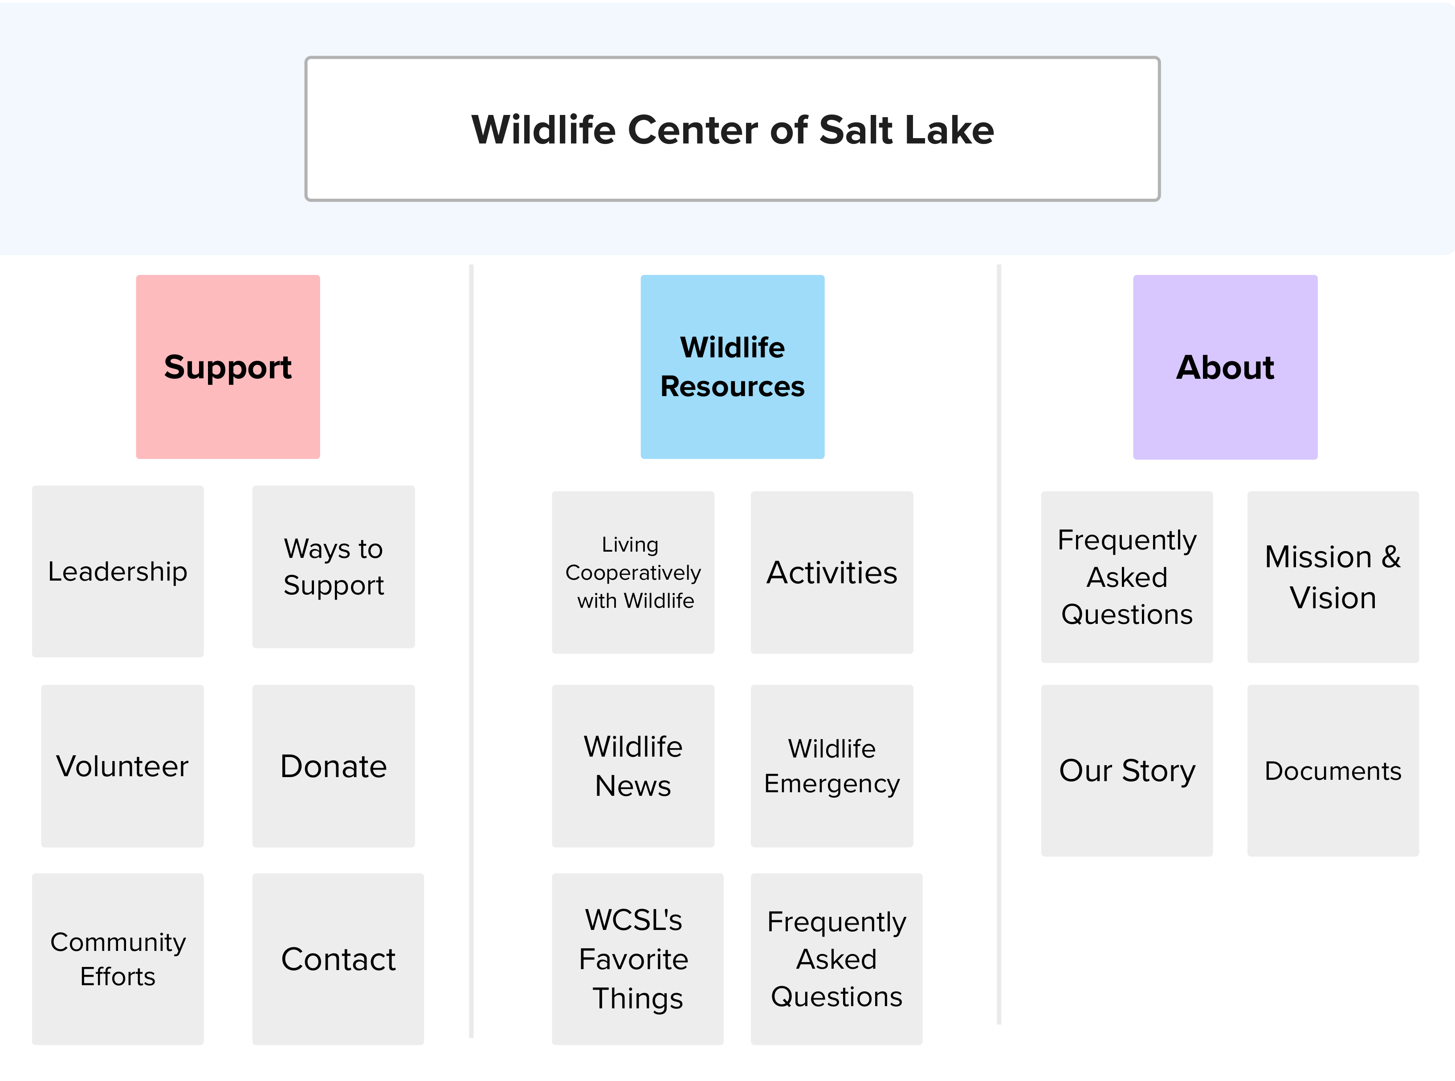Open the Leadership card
point(118,571)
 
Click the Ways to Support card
point(334,567)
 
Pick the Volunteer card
point(122,766)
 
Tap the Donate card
point(334,766)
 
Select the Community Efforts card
point(118,959)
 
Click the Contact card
point(338,959)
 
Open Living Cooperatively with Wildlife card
point(633,573)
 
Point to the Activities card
point(832,573)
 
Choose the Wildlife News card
point(633,766)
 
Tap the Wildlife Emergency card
point(832,766)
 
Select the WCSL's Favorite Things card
point(638,959)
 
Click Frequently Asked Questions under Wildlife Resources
point(836,959)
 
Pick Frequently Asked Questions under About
point(1127,577)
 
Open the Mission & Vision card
point(1333,577)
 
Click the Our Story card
point(1127,771)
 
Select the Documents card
point(1333,771)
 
